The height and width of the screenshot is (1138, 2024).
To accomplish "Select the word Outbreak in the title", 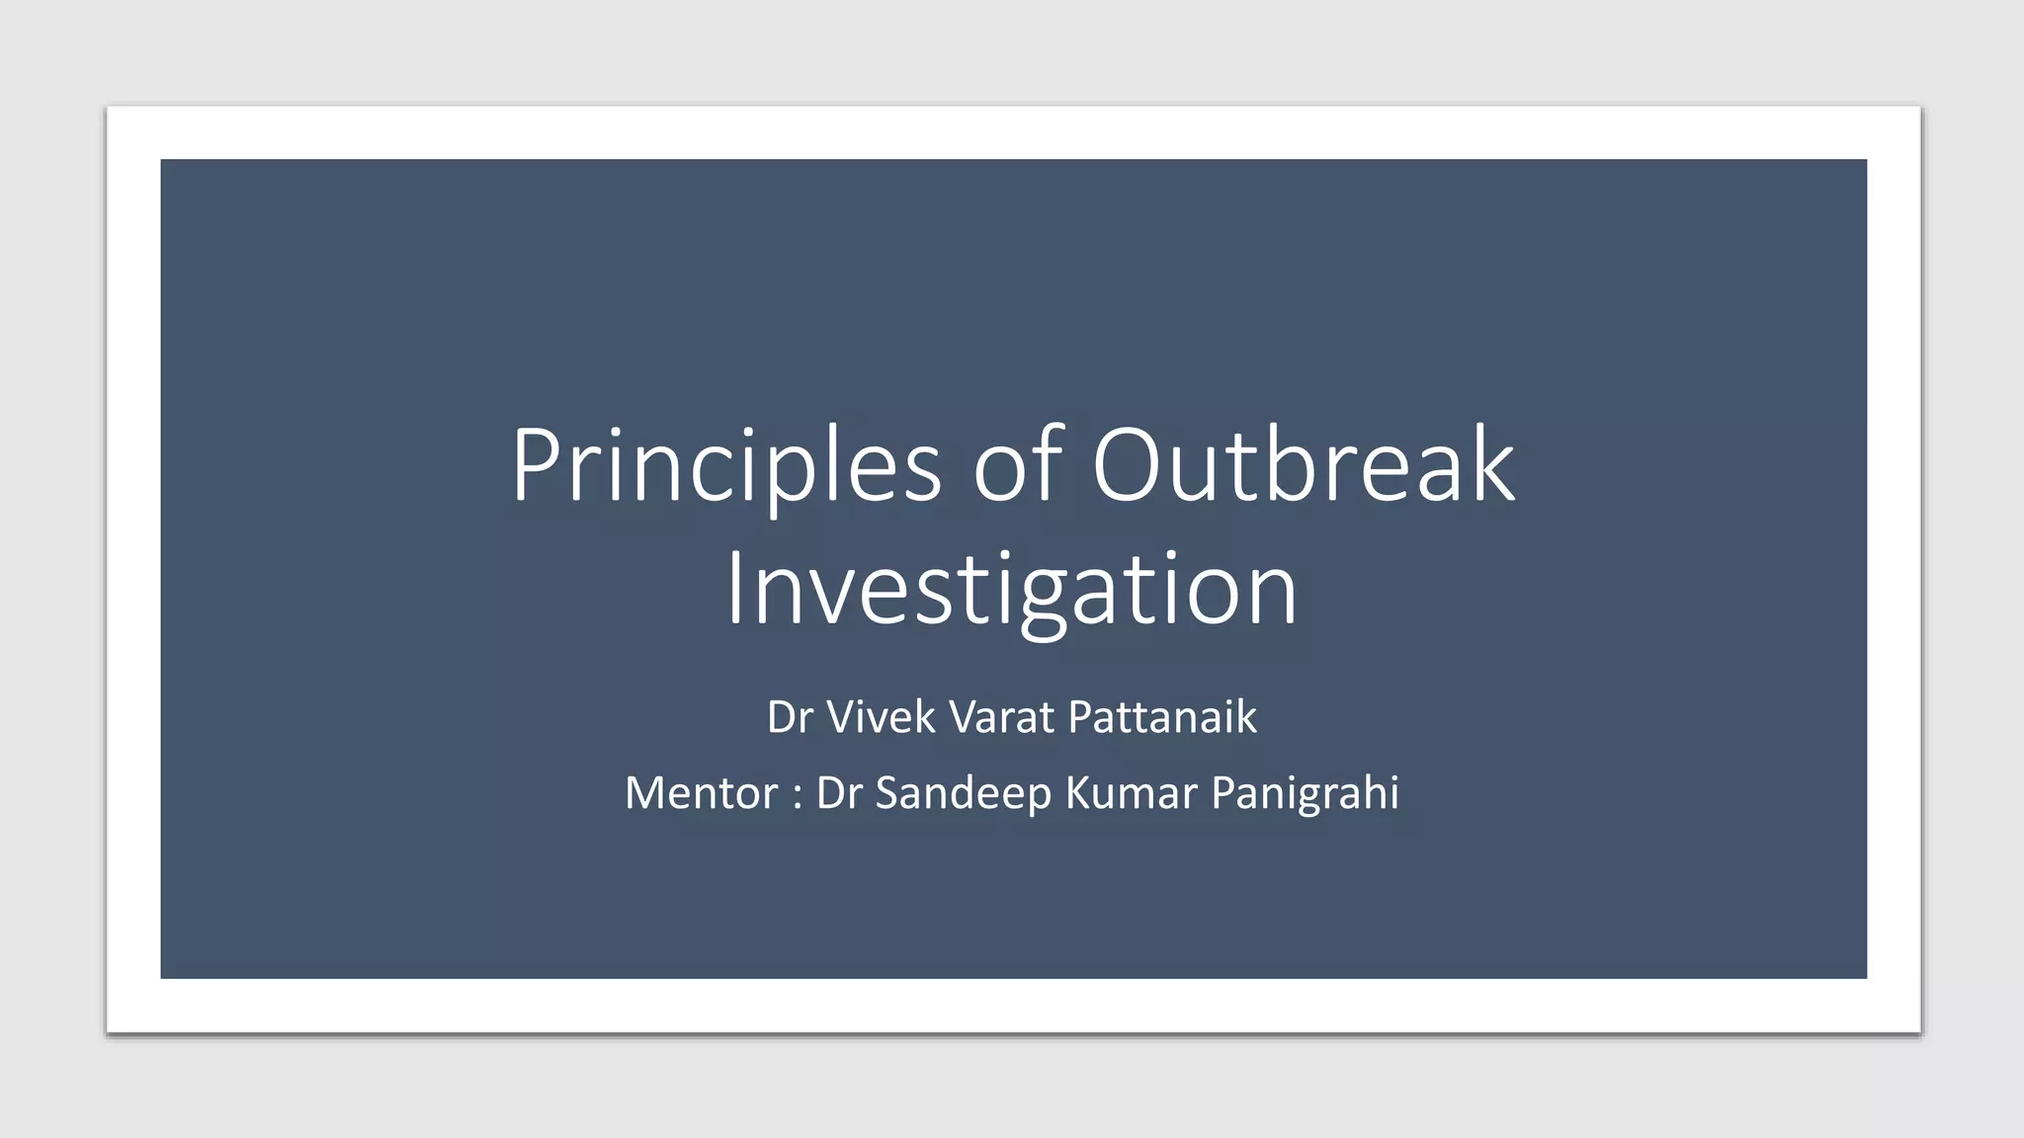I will coord(1303,464).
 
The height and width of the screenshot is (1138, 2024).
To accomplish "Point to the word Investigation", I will coord(1011,590).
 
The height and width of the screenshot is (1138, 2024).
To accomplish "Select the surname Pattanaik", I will coord(1162,717).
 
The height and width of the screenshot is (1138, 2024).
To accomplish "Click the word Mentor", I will coord(701,793).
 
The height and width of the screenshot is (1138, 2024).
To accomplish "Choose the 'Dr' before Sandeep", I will coord(838,793).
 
